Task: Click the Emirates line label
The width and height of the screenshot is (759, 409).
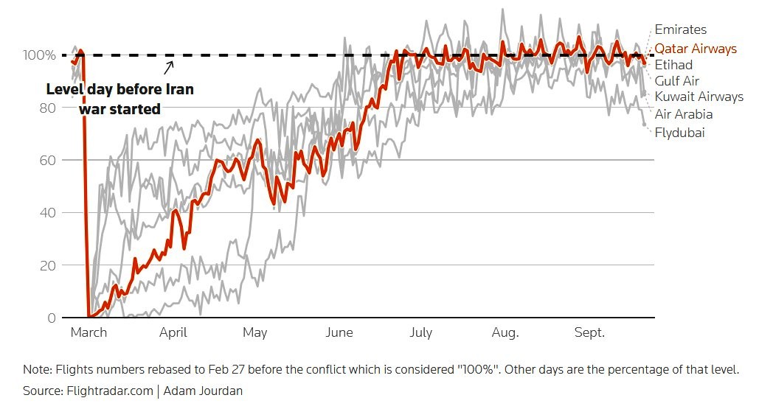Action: point(680,29)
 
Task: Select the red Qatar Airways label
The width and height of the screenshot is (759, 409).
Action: point(696,49)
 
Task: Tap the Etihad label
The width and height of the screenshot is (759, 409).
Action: point(673,65)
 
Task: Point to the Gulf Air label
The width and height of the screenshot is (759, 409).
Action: point(676,81)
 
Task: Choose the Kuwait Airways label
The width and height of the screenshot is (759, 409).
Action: point(699,97)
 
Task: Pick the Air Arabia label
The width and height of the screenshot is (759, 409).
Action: point(684,114)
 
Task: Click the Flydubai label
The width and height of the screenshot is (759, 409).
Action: point(679,133)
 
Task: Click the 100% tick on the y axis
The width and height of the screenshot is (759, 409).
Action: point(39,55)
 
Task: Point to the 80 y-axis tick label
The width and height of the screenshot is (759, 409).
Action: point(47,108)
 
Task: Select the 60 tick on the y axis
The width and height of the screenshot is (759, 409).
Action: point(47,160)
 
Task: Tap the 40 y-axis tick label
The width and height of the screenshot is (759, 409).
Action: point(47,213)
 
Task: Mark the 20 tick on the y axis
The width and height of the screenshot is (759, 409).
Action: point(47,265)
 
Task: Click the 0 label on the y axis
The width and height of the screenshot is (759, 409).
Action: point(52,318)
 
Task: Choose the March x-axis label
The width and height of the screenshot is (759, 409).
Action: point(89,332)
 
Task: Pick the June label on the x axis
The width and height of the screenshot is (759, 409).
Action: point(339,332)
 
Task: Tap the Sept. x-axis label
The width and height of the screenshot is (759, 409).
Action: point(589,332)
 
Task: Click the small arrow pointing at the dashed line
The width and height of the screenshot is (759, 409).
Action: point(168,68)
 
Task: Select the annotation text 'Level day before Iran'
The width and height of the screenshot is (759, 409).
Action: point(120,89)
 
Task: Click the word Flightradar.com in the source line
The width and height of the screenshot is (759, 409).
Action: point(110,391)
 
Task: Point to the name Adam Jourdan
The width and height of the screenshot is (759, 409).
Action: point(203,391)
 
